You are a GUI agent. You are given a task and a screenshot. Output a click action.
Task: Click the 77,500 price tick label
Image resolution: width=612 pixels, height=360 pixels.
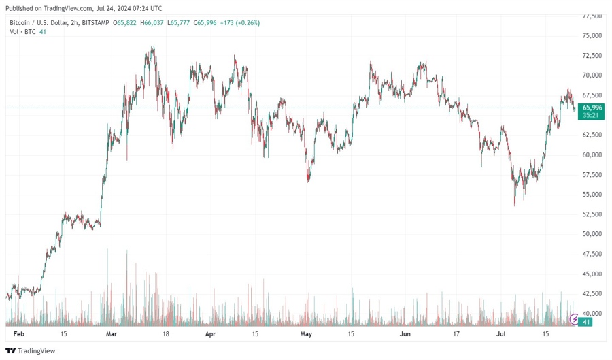click(x=592, y=16)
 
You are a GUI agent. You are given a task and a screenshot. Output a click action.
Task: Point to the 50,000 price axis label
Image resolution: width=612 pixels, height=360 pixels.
click(x=592, y=234)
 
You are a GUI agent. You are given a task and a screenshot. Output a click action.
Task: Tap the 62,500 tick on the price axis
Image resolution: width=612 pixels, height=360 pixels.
click(x=592, y=135)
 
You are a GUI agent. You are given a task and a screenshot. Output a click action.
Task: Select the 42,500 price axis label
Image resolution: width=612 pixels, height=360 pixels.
click(x=592, y=293)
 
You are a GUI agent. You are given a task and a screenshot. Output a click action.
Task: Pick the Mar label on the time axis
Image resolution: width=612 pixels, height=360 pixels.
click(x=112, y=335)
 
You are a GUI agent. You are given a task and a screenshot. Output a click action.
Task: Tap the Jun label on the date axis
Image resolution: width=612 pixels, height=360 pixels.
click(x=405, y=335)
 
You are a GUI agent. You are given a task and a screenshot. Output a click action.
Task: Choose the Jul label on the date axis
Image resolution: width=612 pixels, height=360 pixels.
click(x=501, y=335)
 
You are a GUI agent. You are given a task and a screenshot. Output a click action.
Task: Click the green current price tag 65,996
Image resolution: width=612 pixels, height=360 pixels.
click(x=592, y=108)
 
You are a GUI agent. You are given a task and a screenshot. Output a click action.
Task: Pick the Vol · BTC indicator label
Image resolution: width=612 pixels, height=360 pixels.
click(x=22, y=32)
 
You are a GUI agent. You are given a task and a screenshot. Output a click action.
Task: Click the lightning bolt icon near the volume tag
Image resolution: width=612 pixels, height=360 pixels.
click(x=575, y=318)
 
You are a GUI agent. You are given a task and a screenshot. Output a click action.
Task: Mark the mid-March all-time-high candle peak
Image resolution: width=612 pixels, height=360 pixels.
click(x=154, y=47)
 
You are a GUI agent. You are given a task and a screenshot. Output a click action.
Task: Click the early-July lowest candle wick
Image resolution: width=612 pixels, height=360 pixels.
click(x=515, y=205)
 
